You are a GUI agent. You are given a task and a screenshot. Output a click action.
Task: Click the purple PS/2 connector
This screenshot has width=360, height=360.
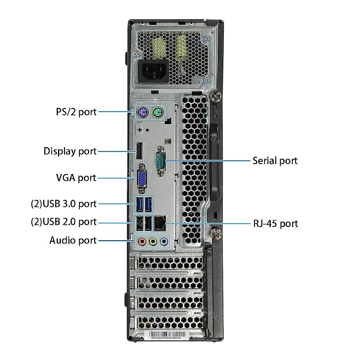pos(142,113)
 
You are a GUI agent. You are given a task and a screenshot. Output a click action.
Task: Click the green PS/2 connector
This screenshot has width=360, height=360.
pos(158,113)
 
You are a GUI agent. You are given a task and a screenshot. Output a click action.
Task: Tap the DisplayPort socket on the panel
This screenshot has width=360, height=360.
pos(139,151)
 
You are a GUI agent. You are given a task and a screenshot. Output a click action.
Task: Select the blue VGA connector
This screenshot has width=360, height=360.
pos(142,178)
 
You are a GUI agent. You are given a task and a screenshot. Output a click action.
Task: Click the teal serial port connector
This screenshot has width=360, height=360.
pos(161,161)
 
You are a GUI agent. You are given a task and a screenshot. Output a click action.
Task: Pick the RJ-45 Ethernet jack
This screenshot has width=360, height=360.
pos(160,223)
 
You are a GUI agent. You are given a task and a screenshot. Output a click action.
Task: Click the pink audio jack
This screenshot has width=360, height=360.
pos(142,241)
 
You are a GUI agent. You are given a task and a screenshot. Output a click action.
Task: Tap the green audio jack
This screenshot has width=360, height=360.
pos(153,241)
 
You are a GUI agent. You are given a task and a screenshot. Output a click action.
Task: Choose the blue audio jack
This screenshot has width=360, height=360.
pos(164,241)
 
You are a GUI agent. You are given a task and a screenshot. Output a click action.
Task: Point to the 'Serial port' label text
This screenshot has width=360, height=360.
pos(275,161)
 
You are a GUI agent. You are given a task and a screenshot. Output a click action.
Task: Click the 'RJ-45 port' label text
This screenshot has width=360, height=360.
pos(276,223)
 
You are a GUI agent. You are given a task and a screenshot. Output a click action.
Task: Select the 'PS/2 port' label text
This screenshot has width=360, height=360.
pos(76,112)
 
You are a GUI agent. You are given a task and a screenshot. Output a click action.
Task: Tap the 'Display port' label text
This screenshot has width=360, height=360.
pos(70,152)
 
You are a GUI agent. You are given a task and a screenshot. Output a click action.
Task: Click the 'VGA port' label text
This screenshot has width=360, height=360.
pos(76,178)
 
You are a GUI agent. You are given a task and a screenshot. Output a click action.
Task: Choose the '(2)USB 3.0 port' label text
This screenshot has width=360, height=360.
pos(63,204)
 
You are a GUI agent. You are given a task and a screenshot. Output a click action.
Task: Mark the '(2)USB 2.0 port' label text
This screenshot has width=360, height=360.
pos(63,222)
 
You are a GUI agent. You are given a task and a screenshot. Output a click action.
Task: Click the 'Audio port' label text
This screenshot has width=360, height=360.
pos(73,240)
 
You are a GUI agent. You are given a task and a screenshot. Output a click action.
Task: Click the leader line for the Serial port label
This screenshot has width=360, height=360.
pos(208,161)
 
